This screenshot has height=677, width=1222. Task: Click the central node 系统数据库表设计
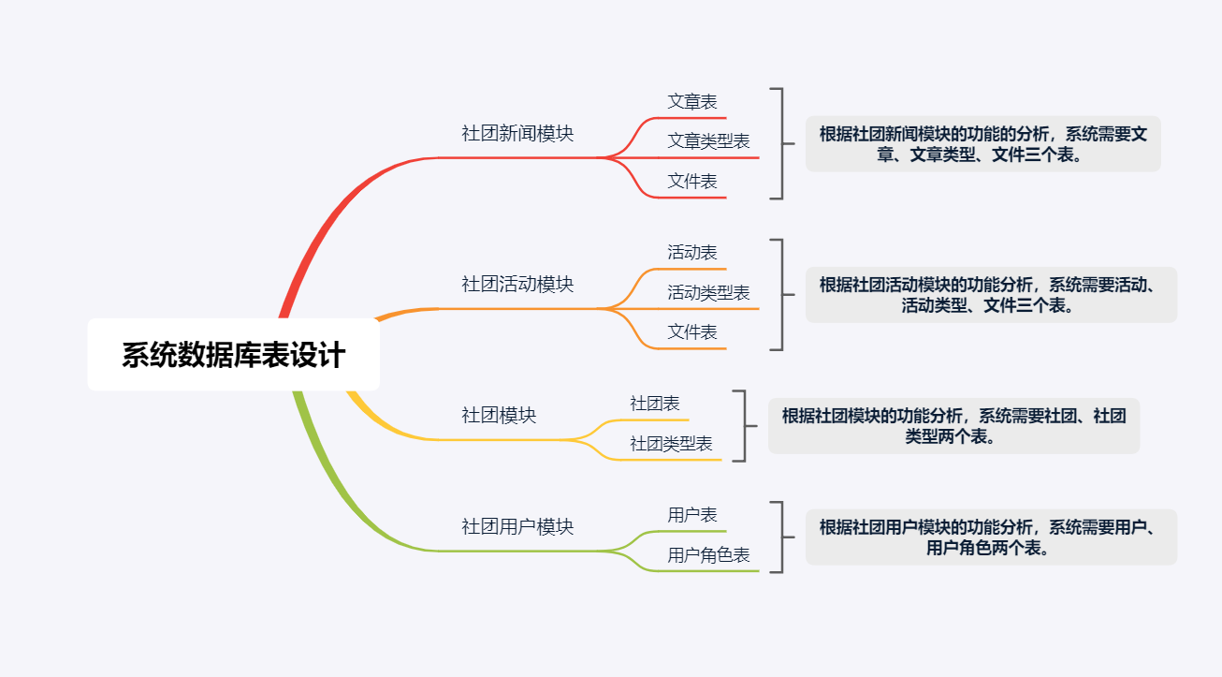click(234, 355)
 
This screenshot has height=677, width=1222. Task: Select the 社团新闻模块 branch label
click(517, 134)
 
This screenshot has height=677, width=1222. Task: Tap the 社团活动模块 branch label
click(517, 285)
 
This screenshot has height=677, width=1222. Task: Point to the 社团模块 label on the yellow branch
click(499, 416)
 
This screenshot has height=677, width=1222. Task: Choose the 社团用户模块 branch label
click(517, 527)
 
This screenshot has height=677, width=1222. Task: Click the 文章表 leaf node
click(692, 102)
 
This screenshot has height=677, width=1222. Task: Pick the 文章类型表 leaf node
click(708, 141)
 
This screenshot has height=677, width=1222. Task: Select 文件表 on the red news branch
click(692, 182)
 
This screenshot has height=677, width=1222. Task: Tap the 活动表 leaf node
click(692, 253)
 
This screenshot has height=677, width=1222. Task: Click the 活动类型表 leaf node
click(708, 293)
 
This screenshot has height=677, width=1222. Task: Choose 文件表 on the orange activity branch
click(692, 332)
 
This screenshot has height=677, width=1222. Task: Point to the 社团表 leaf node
click(655, 404)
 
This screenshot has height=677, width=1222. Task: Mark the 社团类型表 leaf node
click(671, 444)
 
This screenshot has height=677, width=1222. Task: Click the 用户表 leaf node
click(692, 515)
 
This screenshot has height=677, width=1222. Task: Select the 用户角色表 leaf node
click(708, 555)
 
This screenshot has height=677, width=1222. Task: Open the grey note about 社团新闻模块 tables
click(983, 144)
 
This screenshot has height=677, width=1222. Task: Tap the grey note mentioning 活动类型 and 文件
click(991, 295)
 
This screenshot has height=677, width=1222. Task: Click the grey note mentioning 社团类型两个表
click(953, 426)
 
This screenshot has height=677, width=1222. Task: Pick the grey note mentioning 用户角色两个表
click(991, 537)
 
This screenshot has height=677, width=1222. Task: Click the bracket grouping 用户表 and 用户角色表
click(783, 537)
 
